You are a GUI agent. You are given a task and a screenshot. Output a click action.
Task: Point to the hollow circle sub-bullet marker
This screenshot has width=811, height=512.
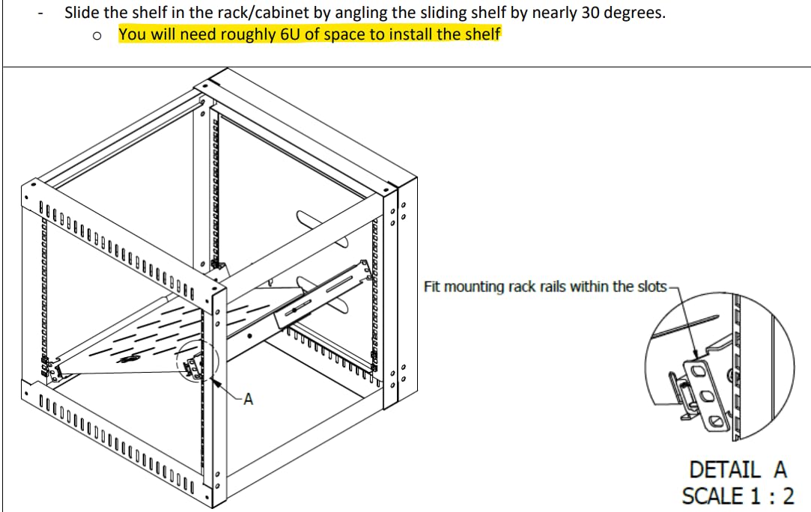[97, 36]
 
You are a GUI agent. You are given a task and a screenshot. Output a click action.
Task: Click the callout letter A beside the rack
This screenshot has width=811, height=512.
[249, 399]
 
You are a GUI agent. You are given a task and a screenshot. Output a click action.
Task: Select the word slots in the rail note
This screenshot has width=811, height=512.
[651, 287]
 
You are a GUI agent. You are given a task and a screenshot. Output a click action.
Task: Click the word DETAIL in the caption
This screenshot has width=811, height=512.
[725, 470]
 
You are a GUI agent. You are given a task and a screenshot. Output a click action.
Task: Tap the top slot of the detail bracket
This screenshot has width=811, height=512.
[697, 371]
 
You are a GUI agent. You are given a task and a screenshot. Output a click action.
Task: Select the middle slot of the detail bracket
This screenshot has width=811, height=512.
[706, 396]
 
